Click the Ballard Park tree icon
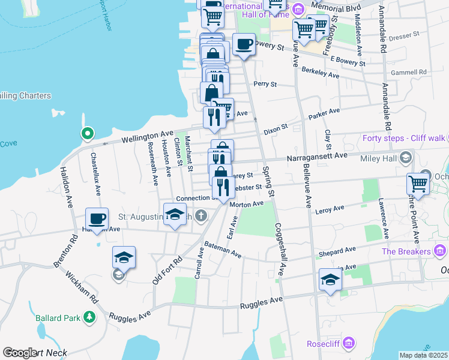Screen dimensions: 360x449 pos(89,316)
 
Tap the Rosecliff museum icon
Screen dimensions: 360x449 pos(350,344)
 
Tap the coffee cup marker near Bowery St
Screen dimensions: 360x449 pos(243,46)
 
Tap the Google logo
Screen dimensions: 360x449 pos(20,353)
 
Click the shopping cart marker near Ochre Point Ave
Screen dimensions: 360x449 pos(417,182)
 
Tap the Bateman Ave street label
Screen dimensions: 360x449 pos(222,250)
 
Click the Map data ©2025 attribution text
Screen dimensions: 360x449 pos(424,355)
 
